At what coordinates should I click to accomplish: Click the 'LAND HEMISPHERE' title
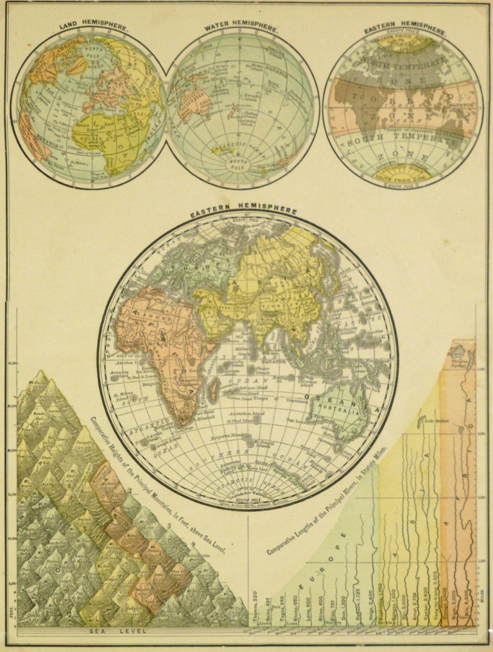coord(94,28)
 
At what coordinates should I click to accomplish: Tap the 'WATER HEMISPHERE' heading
coord(241,29)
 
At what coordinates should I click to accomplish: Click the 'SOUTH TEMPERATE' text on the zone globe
coord(401,139)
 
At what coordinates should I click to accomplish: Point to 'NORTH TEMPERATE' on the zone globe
coord(403,62)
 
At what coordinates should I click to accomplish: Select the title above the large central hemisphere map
coord(243,210)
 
